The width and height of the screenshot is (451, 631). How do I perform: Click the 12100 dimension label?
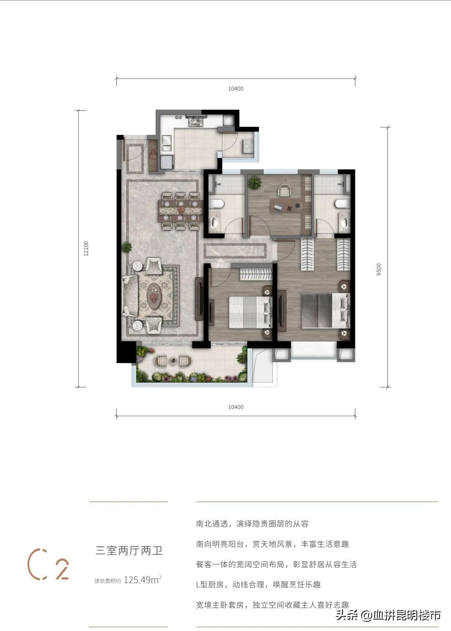pos(86,248)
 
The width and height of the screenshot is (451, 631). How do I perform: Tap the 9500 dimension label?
pos(379,269)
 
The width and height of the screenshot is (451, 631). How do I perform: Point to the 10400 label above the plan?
pos(236,89)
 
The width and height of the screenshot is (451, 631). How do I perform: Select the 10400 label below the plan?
pos(236,407)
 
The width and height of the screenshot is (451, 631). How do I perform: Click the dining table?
pos(180,211)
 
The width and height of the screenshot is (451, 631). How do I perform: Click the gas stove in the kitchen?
pos(195,122)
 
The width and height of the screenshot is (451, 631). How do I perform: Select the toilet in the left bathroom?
pos(218,204)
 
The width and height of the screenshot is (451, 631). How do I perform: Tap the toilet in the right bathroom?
pos(340,204)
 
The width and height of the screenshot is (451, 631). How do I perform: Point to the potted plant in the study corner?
pos(254,182)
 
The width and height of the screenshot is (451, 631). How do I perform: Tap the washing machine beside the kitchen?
pos(248,147)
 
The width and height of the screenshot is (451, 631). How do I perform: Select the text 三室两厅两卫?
pos(129,551)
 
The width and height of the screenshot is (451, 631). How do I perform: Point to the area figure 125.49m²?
pos(142,580)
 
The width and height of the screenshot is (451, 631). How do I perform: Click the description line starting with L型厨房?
pos(258,585)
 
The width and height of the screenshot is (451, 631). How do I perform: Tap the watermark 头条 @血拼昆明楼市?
pos(388,615)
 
